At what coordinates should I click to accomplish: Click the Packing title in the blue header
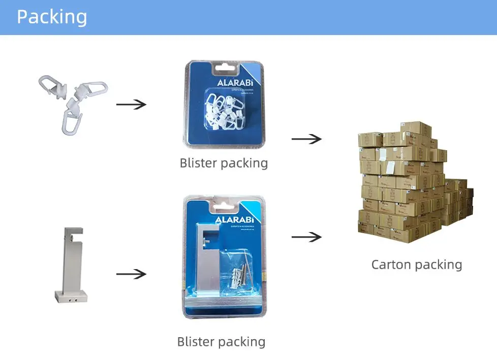[x=52, y=17]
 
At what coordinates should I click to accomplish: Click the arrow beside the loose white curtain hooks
[x=131, y=105]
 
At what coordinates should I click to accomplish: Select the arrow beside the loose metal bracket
[x=131, y=274]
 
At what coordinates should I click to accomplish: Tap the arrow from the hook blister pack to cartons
[x=306, y=139]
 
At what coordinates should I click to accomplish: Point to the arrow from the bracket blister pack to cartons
[x=306, y=237]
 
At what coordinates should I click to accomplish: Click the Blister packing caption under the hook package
[x=224, y=163]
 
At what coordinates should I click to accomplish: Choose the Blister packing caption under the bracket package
[x=221, y=342]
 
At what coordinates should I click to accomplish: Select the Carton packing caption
[x=417, y=265]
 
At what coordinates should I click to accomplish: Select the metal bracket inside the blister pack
[x=208, y=259]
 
